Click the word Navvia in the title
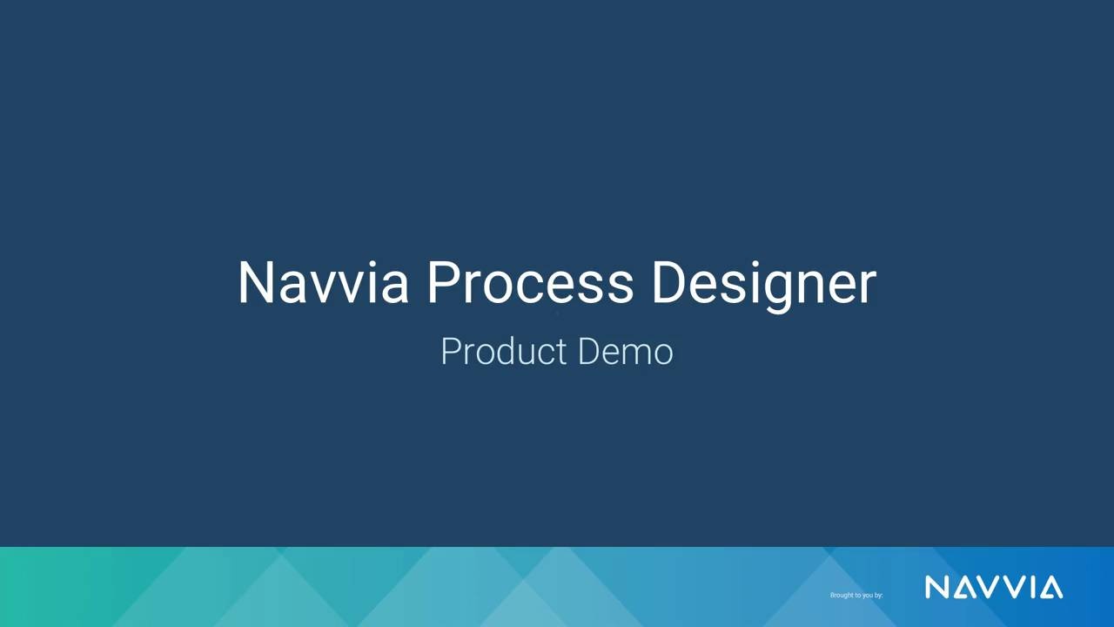[x=323, y=283]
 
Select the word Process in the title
[x=530, y=283]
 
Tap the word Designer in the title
[x=763, y=283]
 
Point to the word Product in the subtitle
[x=503, y=352]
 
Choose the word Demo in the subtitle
[x=625, y=352]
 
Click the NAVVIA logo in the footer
[x=993, y=588]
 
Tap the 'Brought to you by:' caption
[x=856, y=595]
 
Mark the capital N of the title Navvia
[x=257, y=282]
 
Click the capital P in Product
[x=449, y=352]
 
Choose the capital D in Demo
[x=588, y=352]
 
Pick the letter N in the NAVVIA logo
[x=936, y=588]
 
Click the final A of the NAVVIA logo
[x=1051, y=589]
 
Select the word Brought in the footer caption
[x=840, y=595]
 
